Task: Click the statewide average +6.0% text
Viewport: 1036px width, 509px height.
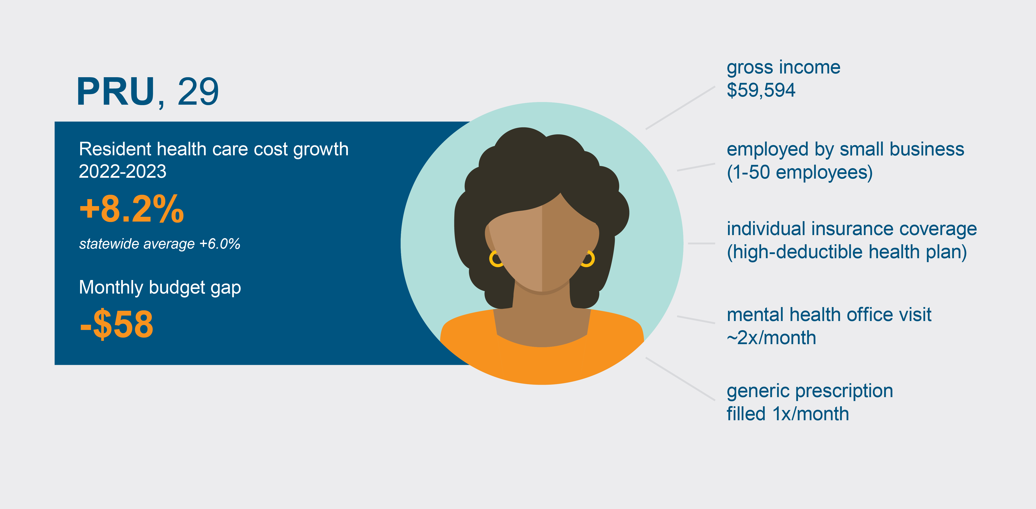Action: click(x=160, y=244)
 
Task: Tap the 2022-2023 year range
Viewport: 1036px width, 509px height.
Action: click(x=122, y=172)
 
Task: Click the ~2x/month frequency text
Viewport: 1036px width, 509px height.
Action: click(x=771, y=338)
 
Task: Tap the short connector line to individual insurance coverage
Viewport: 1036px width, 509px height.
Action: click(x=701, y=243)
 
